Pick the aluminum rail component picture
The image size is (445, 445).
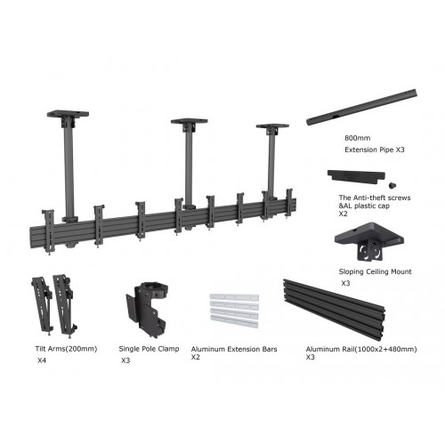click(340, 306)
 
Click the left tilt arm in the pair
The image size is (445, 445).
click(43, 303)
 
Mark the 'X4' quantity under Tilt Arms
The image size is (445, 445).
click(42, 361)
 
